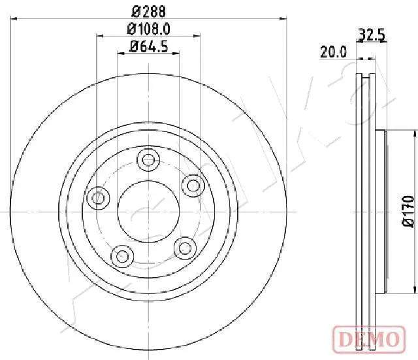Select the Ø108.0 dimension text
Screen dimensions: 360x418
pyautogui.click(x=149, y=29)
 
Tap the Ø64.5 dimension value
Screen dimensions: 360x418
pyautogui.click(x=149, y=46)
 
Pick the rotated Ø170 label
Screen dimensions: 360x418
pyautogui.click(x=408, y=211)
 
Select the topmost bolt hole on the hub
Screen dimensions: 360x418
pyautogui.click(x=148, y=159)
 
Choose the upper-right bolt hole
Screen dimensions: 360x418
pyautogui.click(x=193, y=186)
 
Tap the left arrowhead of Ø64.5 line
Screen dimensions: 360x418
pyautogui.click(x=120, y=54)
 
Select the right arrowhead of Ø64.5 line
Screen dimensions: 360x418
pyautogui.click(x=178, y=54)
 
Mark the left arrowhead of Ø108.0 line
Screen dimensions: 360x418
pyautogui.click(x=100, y=37)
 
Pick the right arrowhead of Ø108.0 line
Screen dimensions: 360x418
pyautogui.click(x=197, y=37)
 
